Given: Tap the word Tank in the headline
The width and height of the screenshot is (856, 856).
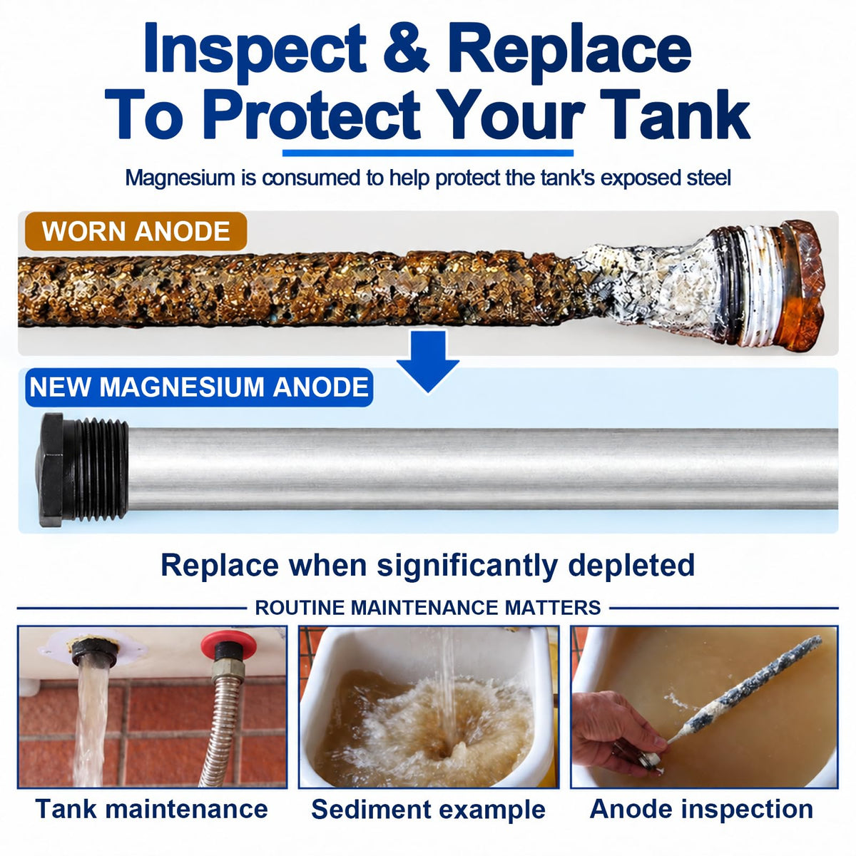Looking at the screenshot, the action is click(674, 115).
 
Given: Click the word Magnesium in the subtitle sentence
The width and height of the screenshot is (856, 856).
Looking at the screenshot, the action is click(180, 178).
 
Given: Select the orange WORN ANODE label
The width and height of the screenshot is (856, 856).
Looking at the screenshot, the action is click(136, 231).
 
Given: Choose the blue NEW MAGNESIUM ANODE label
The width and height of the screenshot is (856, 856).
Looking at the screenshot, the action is click(199, 387).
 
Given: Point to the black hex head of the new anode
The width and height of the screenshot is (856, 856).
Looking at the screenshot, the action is click(51, 470).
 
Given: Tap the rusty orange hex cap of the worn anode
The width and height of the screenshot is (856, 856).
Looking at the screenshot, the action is click(800, 285).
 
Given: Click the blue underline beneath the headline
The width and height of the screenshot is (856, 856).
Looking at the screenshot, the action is click(428, 153).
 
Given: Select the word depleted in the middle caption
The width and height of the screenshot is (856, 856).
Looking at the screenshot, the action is click(631, 566).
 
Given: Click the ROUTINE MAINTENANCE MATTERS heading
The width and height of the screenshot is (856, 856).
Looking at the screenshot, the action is click(428, 608).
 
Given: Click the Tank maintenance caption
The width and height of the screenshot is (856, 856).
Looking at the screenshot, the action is click(151, 808).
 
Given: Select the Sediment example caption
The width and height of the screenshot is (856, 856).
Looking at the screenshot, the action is click(428, 810).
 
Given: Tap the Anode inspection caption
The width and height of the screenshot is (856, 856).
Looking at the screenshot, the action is click(701, 809).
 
